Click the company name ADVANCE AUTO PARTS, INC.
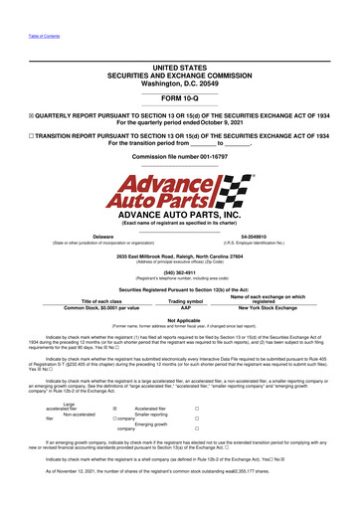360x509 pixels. (180, 214)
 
